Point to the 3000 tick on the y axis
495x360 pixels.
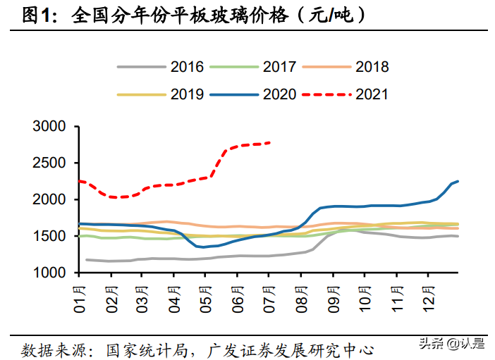coord(50,127)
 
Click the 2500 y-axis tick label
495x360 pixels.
coord(50,163)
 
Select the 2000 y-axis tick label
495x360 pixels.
coord(50,200)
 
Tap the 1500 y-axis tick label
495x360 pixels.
coord(50,237)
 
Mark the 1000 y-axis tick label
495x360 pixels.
coord(50,273)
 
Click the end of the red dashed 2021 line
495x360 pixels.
coord(271,143)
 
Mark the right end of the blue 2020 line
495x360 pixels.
coord(458,181)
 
